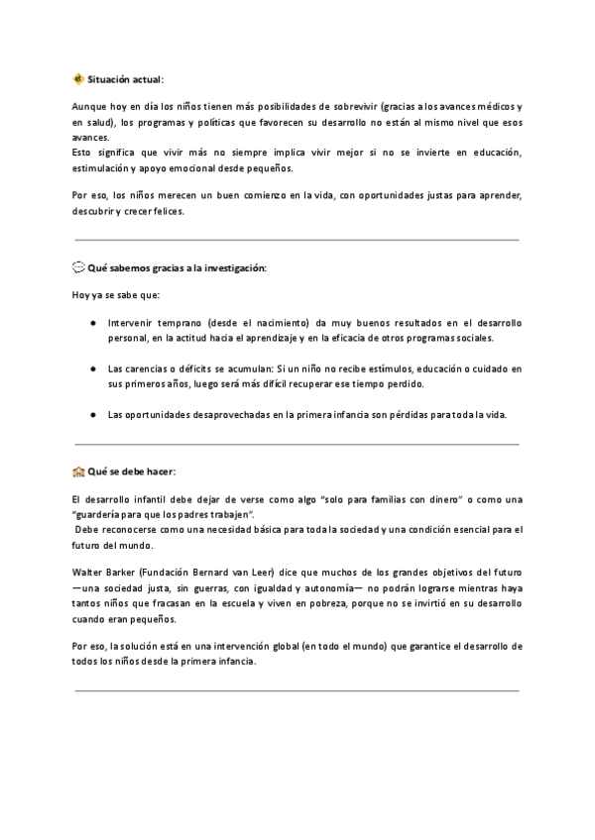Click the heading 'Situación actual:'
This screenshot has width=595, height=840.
click(x=126, y=78)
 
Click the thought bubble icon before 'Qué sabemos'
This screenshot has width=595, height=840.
click(x=79, y=268)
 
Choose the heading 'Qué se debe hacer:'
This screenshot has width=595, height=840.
click(x=132, y=472)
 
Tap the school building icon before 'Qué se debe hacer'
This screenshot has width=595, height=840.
click(x=79, y=472)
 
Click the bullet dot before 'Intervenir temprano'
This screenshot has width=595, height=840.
click(x=92, y=324)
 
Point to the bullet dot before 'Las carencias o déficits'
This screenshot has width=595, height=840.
click(x=92, y=368)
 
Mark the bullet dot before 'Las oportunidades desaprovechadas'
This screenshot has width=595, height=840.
click(x=92, y=414)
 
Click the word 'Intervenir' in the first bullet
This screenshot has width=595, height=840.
click(x=131, y=324)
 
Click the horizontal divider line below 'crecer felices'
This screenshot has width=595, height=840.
click(x=297, y=240)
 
